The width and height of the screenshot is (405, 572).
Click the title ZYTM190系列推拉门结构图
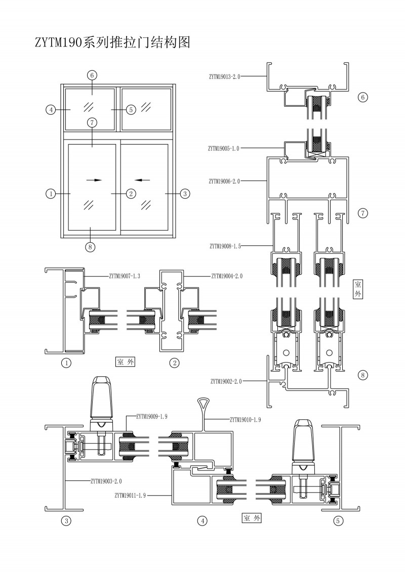tap(112, 42)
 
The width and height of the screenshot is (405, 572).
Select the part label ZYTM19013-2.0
tap(224, 77)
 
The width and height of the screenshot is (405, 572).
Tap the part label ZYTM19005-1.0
tap(223, 148)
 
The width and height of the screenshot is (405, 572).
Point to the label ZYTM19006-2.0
tap(223, 181)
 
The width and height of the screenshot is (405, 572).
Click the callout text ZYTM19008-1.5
tap(225, 246)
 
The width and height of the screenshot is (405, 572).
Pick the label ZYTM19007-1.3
tap(125, 276)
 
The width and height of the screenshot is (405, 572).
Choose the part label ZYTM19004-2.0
tap(227, 276)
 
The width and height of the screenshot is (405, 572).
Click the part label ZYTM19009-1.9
tap(152, 416)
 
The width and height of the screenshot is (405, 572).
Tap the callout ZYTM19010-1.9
tap(246, 419)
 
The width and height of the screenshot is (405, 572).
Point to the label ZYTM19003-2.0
tap(106, 481)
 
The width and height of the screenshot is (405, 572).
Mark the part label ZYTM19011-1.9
tap(130, 495)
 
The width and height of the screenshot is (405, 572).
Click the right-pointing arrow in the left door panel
tap(94, 179)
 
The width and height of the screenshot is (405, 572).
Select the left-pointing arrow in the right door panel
tap(143, 179)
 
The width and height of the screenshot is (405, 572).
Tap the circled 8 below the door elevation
tap(91, 246)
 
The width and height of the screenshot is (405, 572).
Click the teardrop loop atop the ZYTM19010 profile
tap(202, 403)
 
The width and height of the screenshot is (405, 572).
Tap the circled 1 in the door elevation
tap(50, 193)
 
